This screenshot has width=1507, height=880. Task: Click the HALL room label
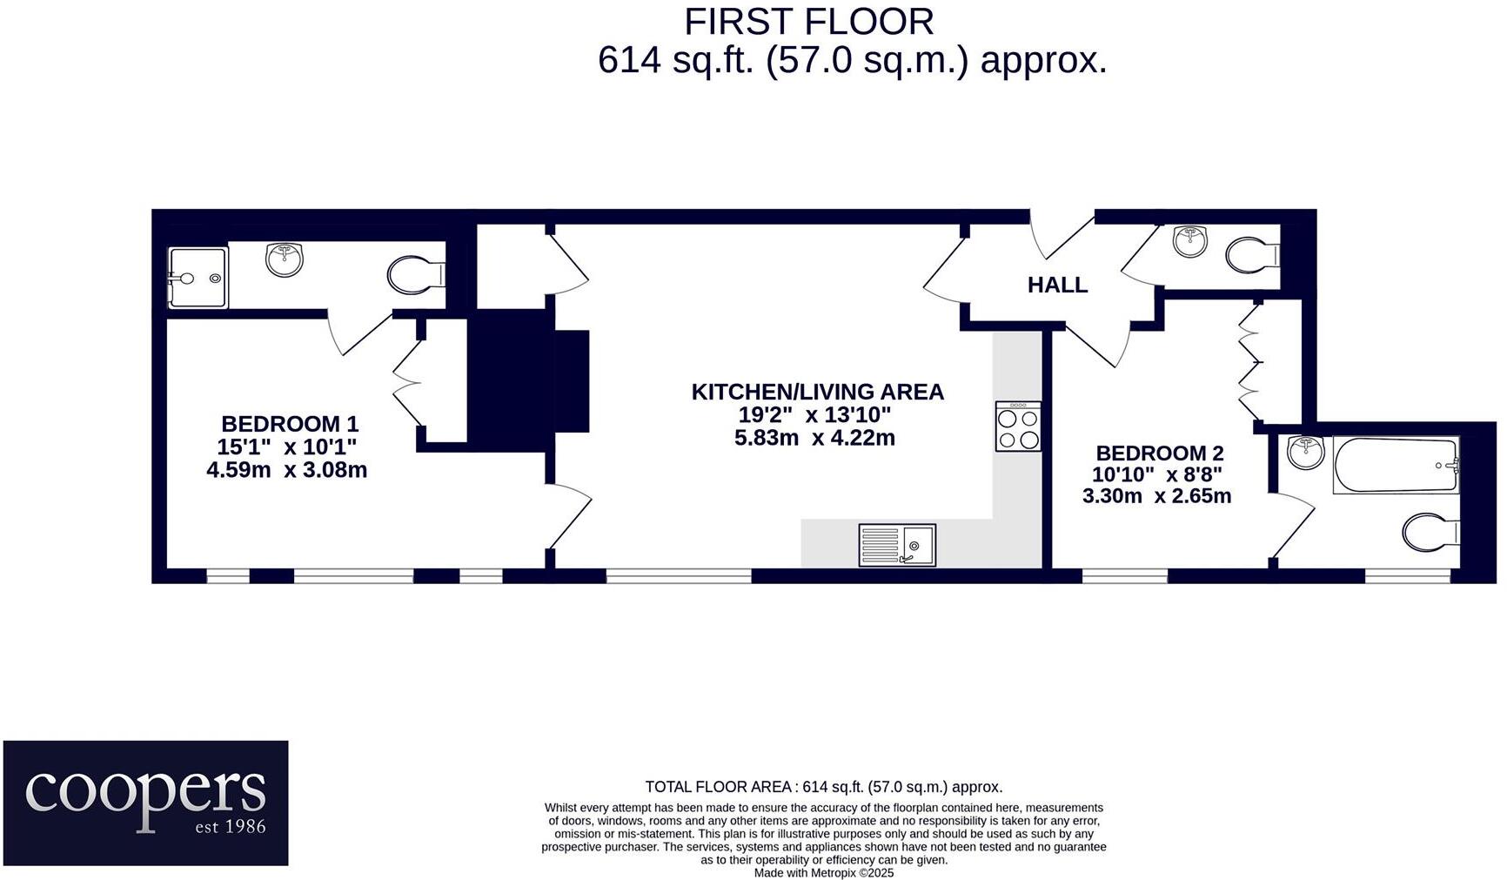click(x=1057, y=285)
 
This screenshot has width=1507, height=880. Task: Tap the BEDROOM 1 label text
click(x=289, y=424)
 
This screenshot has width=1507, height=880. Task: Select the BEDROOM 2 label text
click(x=1159, y=453)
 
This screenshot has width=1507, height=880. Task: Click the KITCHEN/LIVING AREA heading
click(x=817, y=392)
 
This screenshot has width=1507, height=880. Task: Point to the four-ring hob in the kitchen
click(x=1018, y=427)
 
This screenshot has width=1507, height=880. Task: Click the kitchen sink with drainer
click(x=897, y=545)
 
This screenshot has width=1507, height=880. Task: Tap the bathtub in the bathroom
click(x=1395, y=466)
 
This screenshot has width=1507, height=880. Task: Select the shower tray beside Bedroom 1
click(x=198, y=279)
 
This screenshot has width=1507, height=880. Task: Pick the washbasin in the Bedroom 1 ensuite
click(x=285, y=259)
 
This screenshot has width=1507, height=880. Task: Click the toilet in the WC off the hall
click(x=1251, y=255)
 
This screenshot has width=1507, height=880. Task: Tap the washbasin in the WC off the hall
click(x=1189, y=240)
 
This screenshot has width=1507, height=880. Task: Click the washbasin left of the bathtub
click(x=1305, y=453)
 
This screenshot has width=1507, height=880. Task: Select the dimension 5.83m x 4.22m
click(x=814, y=438)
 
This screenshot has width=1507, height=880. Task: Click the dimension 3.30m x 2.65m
click(x=1156, y=496)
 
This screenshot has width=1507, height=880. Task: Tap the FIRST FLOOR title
click(x=808, y=22)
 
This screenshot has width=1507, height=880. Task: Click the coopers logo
click(x=145, y=802)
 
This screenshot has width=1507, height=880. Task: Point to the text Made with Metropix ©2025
click(x=823, y=872)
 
